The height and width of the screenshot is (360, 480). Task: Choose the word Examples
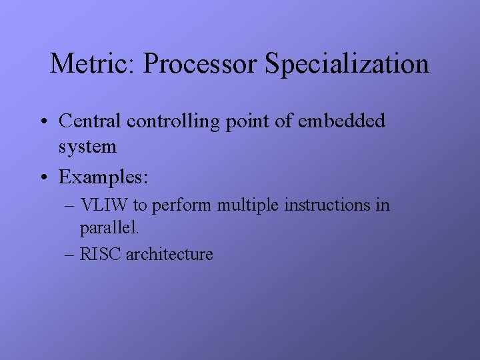tap(103, 178)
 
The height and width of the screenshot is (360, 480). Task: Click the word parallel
tap(109, 229)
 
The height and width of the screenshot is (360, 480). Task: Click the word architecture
tap(169, 254)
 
